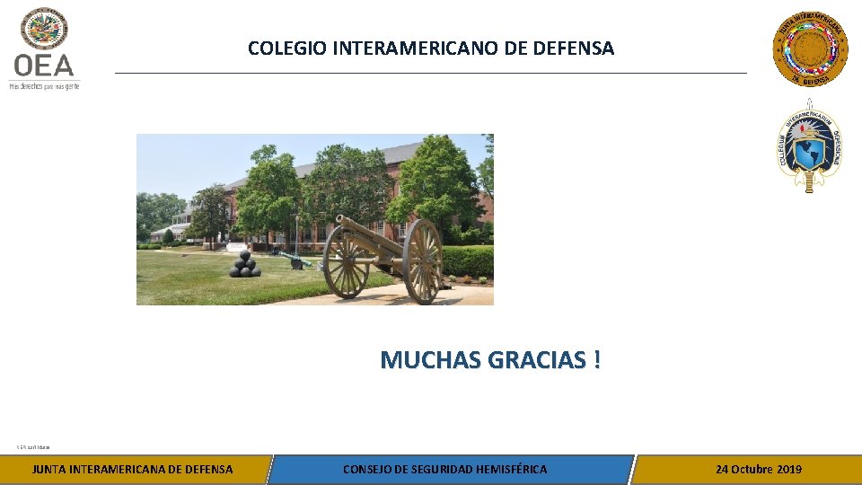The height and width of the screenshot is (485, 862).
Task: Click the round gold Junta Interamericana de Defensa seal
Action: coord(810,48)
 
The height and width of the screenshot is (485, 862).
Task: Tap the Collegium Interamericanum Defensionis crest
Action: coord(809,146)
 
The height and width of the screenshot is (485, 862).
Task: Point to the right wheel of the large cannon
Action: coord(422,261)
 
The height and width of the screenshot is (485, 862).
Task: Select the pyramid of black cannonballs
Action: coord(243,264)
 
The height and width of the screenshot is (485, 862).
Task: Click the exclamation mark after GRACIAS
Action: coord(597,360)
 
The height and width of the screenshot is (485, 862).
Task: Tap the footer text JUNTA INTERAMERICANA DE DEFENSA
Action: coord(132,469)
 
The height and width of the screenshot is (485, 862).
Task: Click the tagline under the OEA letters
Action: coord(44,86)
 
